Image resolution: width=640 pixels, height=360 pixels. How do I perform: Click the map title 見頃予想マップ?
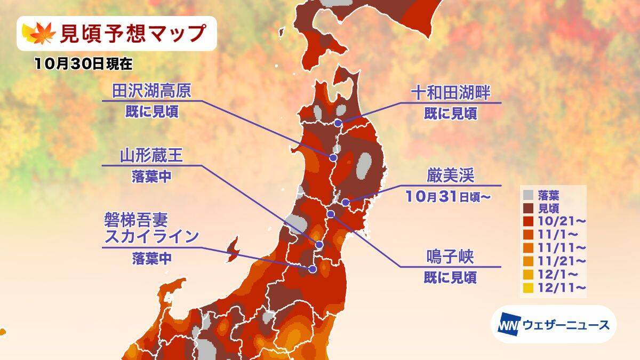pyautogui.click(x=131, y=34)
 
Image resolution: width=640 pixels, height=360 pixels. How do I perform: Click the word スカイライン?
pyautogui.click(x=152, y=236)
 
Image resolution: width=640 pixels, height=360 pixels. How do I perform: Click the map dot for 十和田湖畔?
pyautogui.click(x=339, y=123)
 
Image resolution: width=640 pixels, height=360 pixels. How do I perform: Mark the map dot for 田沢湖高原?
pyautogui.click(x=333, y=157)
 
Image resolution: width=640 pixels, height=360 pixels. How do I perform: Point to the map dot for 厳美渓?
pyautogui.click(x=346, y=202)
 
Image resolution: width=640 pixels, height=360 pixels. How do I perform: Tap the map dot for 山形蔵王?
pyautogui.click(x=319, y=245)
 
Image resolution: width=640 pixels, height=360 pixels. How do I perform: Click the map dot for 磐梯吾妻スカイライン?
pyautogui.click(x=313, y=269)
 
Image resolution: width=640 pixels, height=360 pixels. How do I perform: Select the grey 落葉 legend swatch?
pyautogui.click(x=528, y=194)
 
